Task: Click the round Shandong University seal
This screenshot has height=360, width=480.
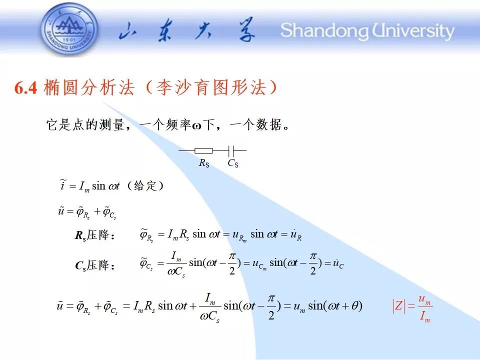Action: click(70, 29)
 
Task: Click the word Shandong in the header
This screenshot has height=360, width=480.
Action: click(324, 30)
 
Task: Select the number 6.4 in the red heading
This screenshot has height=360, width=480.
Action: click(25, 88)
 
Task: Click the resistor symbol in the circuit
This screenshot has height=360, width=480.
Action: click(204, 150)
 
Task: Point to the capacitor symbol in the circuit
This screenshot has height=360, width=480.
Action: click(231, 150)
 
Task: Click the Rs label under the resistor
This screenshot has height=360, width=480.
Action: click(204, 163)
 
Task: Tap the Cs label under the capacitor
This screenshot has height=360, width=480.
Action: click(233, 163)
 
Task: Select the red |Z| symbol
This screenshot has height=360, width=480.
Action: click(399, 306)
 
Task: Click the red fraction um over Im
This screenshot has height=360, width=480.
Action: click(424, 308)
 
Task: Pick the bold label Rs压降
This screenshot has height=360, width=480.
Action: click(94, 235)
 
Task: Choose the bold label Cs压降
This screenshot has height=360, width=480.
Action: click(94, 265)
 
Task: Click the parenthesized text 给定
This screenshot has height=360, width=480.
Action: click(145, 185)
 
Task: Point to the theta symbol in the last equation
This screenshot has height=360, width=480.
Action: click(354, 306)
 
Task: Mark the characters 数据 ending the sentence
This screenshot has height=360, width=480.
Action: click(269, 124)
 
